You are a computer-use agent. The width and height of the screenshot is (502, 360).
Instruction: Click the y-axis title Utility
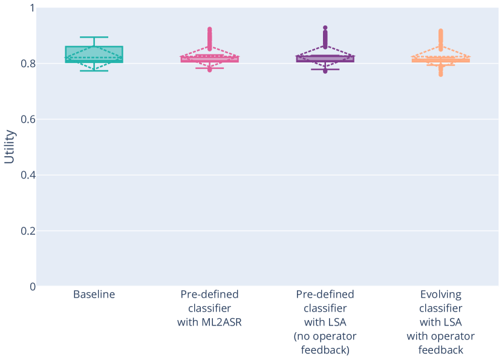pos(10,146)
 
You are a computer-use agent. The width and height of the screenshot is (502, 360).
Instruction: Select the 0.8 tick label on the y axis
pos(28,64)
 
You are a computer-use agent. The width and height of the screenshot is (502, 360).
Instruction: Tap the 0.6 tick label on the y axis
pos(28,119)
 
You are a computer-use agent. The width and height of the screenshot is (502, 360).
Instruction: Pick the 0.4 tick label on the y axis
pos(28,175)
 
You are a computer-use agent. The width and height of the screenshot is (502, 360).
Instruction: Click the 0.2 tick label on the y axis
pos(28,231)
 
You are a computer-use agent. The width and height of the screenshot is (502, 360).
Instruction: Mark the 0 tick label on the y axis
pos(31,286)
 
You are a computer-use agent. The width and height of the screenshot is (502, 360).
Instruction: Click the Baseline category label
pos(94,295)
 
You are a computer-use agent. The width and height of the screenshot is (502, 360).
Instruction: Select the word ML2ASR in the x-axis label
pos(209,322)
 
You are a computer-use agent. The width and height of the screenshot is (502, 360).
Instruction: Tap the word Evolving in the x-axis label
pos(440,295)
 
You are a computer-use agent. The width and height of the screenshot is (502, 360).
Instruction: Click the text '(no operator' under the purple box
pos(325,336)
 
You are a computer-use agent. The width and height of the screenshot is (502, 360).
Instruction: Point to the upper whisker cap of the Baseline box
pos(94,37)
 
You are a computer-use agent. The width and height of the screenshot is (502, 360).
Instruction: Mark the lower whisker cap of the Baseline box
pos(94,71)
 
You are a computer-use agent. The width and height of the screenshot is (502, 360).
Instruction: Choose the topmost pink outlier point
pos(210,29)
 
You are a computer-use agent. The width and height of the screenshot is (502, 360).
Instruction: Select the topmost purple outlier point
pos(325,28)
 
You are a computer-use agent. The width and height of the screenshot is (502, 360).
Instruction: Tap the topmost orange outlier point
pos(440,31)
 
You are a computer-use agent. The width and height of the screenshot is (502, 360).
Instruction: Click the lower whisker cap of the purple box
pos(325,69)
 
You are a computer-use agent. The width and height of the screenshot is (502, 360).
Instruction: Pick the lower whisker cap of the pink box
pos(210,68)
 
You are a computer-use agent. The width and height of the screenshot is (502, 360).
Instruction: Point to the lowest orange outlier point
pos(440,74)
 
